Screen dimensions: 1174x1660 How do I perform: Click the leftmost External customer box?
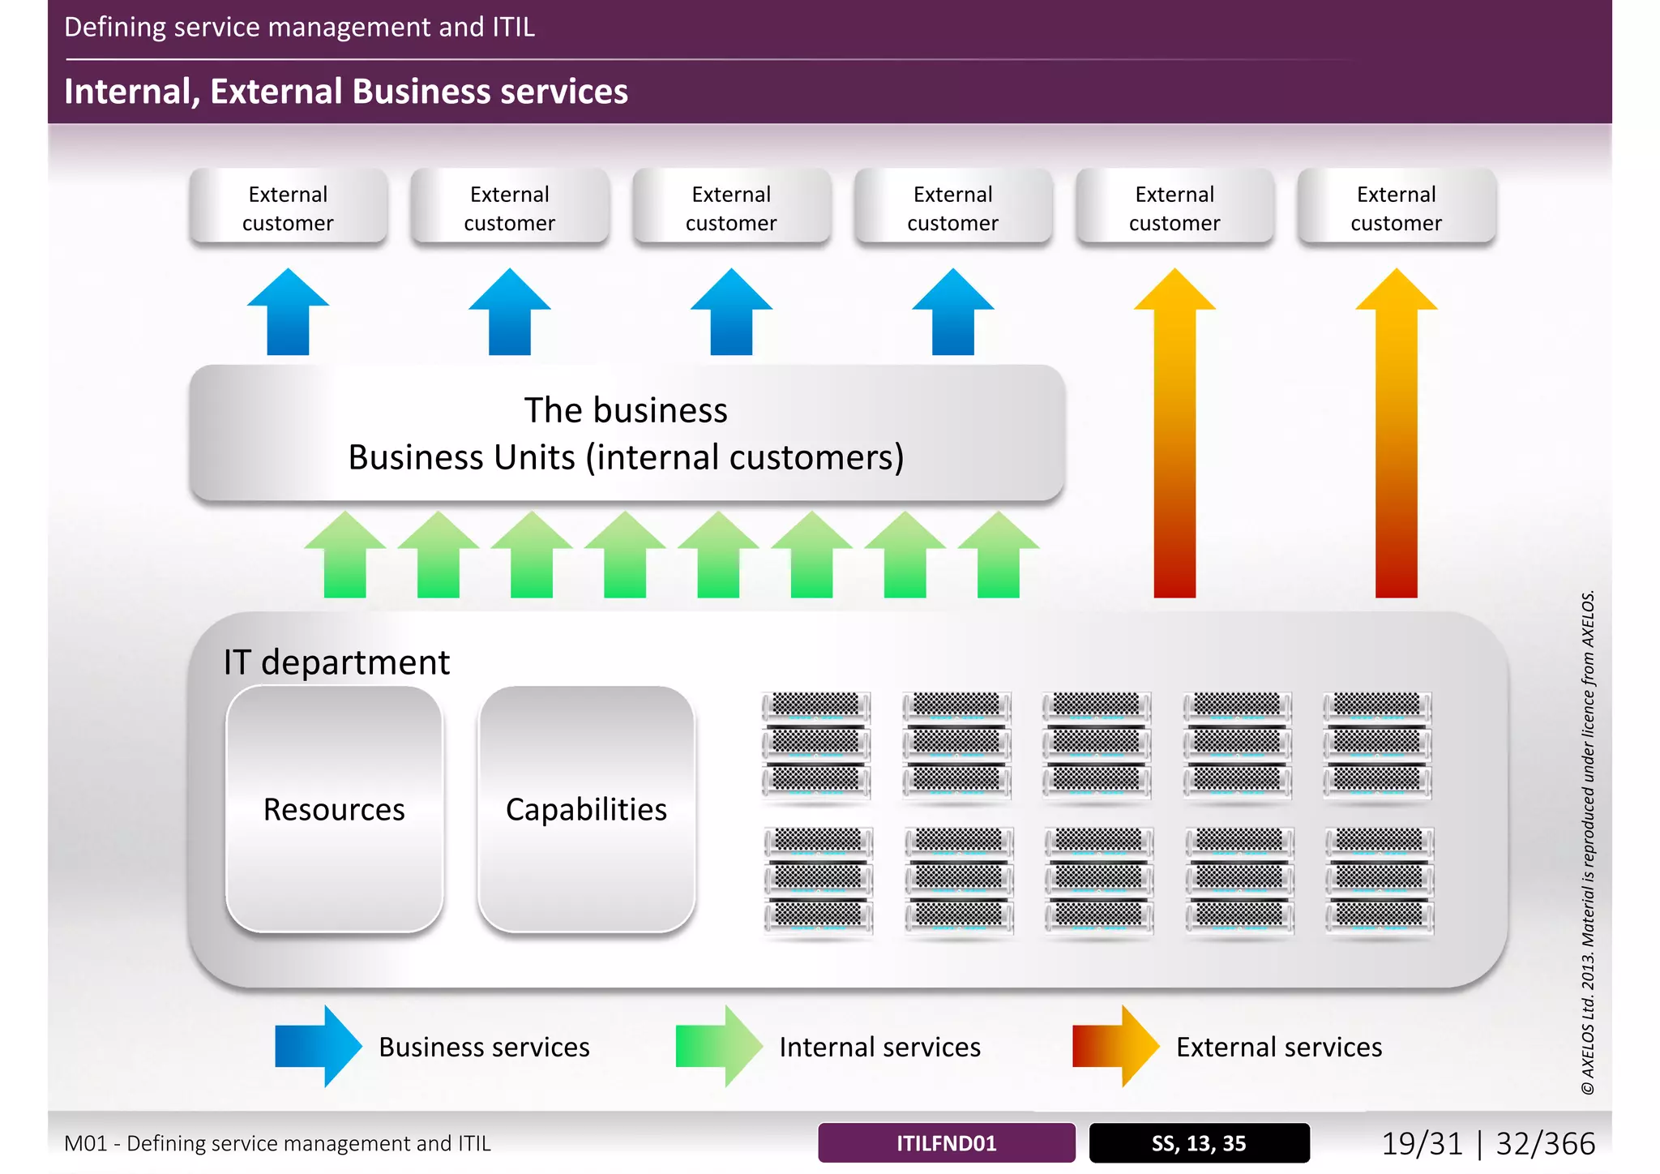pyautogui.click(x=288, y=208)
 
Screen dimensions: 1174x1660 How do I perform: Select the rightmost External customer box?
pyautogui.click(x=1396, y=208)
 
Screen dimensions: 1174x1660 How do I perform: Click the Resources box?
pyautogui.click(x=334, y=809)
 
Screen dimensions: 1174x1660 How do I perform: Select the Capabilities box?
pyautogui.click(x=586, y=809)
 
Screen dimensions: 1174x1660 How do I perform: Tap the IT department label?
pyautogui.click(x=336, y=662)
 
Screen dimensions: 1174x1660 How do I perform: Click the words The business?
pyautogui.click(x=626, y=410)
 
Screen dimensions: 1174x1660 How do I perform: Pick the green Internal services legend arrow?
pyautogui.click(x=718, y=1046)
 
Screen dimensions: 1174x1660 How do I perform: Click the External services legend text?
pyautogui.click(x=1278, y=1047)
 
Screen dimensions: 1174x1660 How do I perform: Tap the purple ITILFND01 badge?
pyautogui.click(x=946, y=1143)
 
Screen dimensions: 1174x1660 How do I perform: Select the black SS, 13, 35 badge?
pyautogui.click(x=1199, y=1143)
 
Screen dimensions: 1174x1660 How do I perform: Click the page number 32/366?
pyautogui.click(x=1545, y=1143)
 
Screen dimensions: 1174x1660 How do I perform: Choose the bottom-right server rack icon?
pyautogui.click(x=1380, y=881)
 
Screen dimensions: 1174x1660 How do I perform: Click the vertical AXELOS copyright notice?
pyautogui.click(x=1588, y=843)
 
